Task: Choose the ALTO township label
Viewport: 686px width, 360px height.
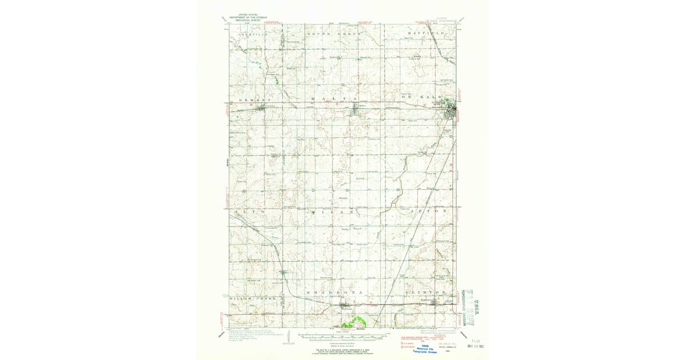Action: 249,211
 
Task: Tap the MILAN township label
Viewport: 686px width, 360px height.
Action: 336,211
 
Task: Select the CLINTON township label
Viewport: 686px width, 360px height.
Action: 426,292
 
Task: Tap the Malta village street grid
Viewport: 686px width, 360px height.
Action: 361,110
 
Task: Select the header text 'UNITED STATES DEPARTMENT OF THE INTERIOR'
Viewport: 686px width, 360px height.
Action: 244,18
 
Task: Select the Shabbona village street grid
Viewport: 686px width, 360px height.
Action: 346,307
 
